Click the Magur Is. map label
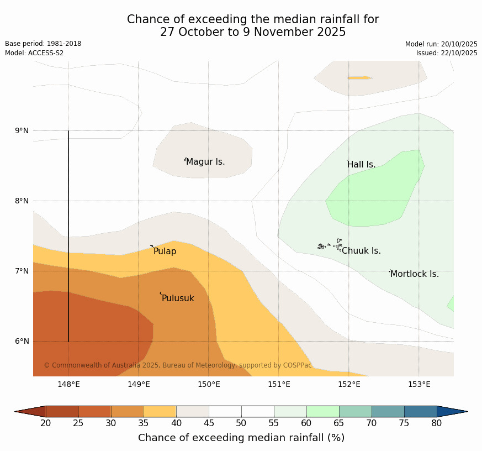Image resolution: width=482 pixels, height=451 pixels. point(205,162)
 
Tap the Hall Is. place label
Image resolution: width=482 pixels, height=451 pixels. point(361,165)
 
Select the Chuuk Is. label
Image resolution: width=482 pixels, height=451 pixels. point(361,251)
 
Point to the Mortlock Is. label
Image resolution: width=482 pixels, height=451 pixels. point(414,274)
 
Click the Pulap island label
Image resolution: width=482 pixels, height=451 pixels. point(165,251)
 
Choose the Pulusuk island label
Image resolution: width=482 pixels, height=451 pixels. point(178,298)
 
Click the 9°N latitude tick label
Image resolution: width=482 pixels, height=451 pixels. point(22,131)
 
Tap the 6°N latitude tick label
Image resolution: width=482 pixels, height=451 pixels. point(22,341)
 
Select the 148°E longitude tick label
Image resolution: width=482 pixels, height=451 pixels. point(68,384)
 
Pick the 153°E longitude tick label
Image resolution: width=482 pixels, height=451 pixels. point(419,384)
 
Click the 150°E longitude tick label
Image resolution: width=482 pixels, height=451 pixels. point(209,384)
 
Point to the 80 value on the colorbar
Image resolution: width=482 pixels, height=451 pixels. point(436,423)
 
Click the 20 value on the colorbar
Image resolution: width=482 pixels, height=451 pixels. point(46,423)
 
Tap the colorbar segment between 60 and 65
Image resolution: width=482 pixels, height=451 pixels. point(322,411)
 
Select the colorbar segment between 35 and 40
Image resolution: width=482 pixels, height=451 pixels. point(160,411)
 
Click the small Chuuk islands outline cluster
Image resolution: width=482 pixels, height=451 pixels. point(330,245)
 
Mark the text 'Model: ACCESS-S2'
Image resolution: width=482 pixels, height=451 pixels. point(34,53)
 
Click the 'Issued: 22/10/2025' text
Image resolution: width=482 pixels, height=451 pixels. point(447,53)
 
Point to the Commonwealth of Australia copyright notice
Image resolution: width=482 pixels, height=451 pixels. point(178,365)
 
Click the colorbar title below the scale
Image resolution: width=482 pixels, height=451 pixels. point(241,438)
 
